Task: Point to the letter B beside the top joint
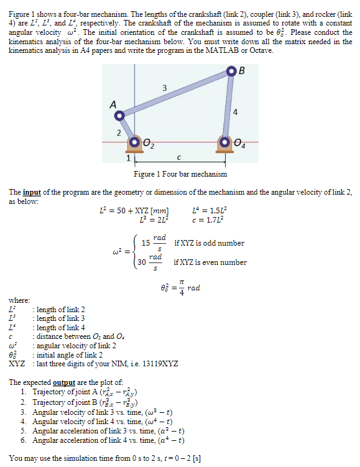[242, 68]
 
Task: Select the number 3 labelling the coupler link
[164, 87]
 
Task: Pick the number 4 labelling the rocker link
[236, 112]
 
